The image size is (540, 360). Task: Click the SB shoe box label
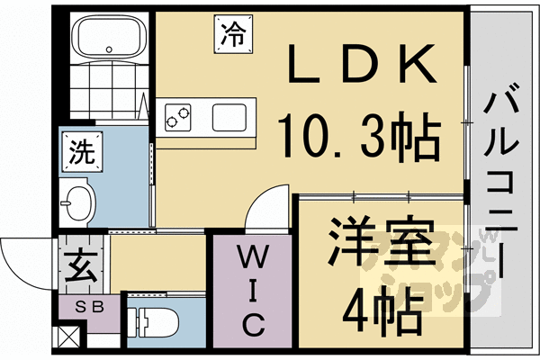pyautogui.click(x=87, y=306)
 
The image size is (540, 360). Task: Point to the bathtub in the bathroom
pyautogui.click(x=107, y=40)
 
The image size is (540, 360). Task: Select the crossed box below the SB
pyautogui.click(x=68, y=338)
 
